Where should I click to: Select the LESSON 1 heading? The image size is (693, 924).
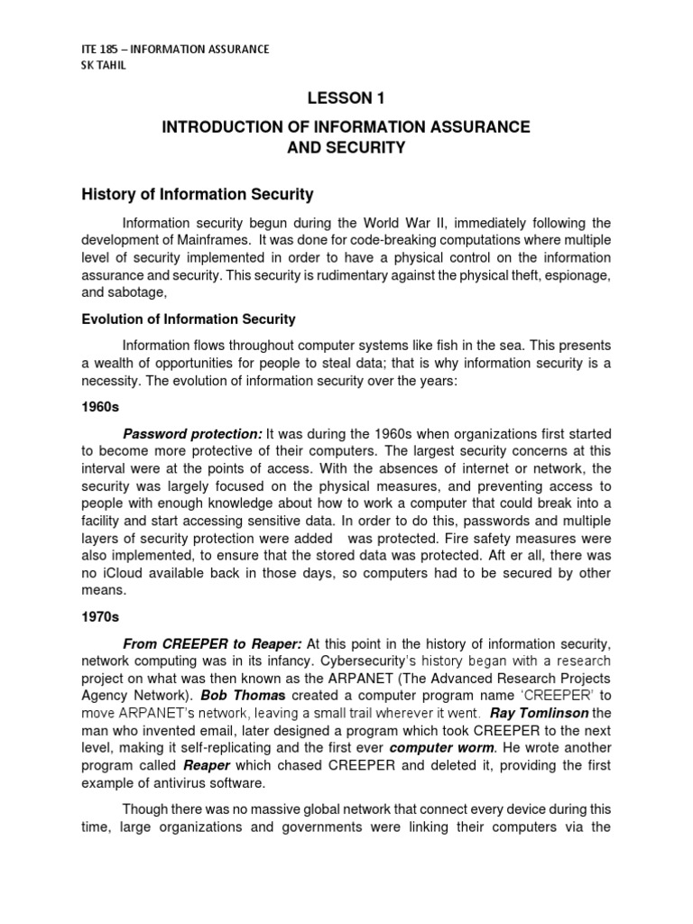coord(346,98)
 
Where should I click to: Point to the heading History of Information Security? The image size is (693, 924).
coord(197,193)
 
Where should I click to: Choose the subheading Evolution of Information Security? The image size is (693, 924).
coord(188,319)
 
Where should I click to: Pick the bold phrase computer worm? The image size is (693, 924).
coord(442,748)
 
